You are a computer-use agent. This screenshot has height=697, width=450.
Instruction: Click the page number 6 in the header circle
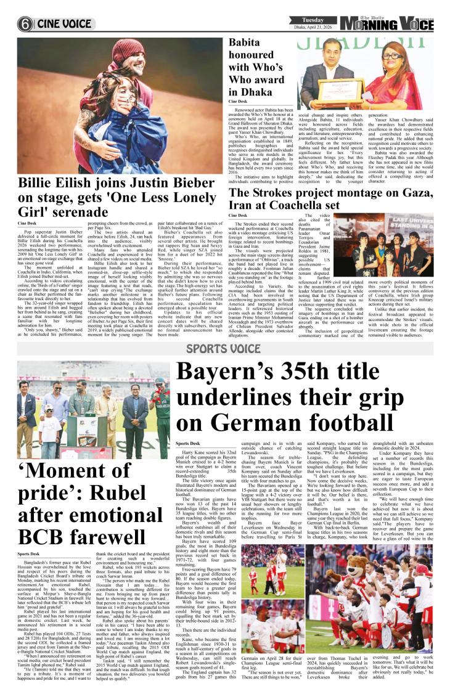click(x=25, y=24)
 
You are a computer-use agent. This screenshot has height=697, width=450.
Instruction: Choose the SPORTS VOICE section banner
click(x=224, y=349)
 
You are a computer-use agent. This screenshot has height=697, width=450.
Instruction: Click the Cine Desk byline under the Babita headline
click(x=237, y=101)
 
